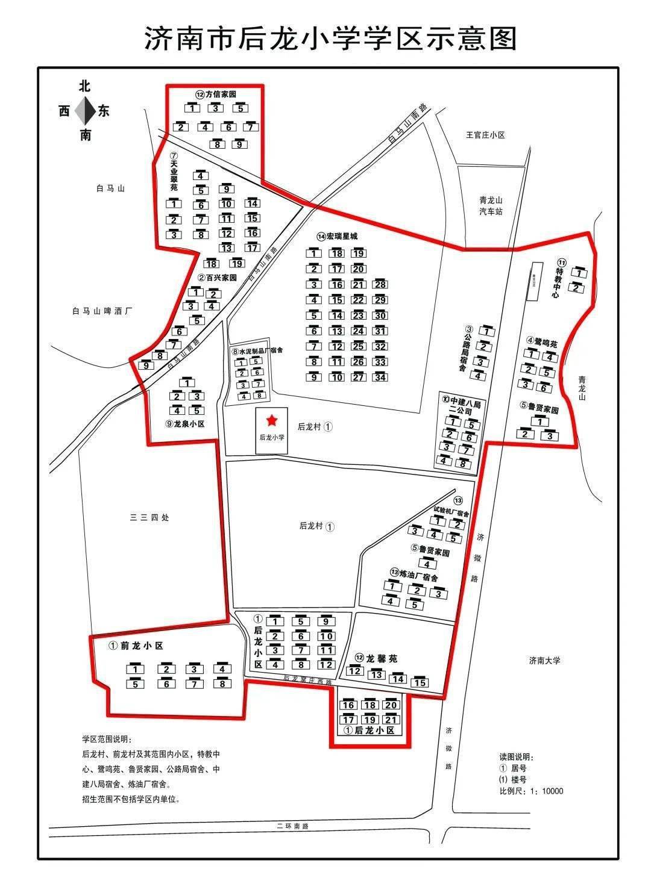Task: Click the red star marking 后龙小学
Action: [272, 420]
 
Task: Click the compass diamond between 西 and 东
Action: [85, 111]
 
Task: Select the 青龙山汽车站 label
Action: [491, 206]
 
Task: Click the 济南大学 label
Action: [544, 660]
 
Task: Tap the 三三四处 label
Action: [149, 517]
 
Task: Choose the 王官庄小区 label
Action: [485, 135]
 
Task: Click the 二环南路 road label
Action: [292, 826]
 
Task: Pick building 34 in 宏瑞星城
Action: [380, 378]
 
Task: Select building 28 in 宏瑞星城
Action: [380, 284]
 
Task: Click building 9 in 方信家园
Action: [239, 145]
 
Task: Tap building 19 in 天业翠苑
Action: [237, 263]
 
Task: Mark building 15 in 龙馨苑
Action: [420, 682]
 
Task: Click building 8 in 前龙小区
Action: [222, 684]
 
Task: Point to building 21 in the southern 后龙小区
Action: [391, 720]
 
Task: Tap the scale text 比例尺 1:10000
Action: [531, 791]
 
